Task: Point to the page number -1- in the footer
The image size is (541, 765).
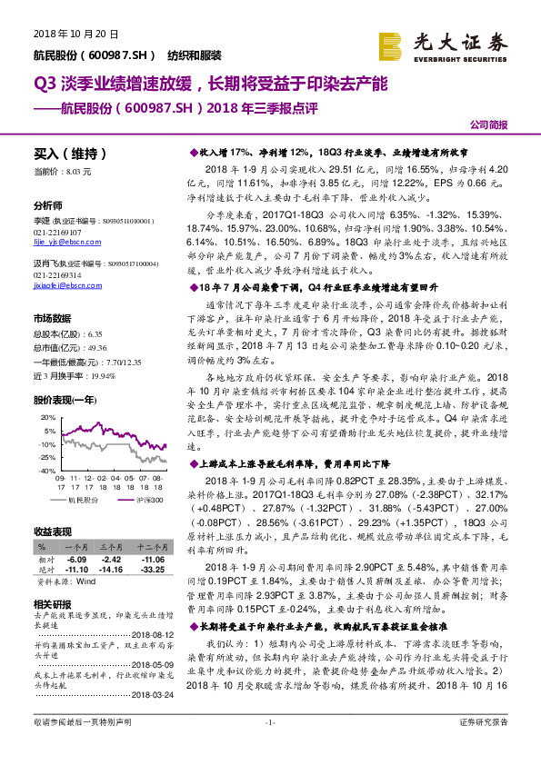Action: pos(269,747)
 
